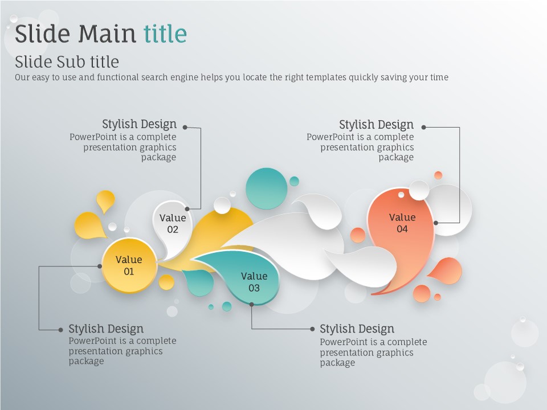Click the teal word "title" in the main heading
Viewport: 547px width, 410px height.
click(x=165, y=34)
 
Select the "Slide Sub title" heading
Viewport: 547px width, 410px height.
click(x=67, y=61)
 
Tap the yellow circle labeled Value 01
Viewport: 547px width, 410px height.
click(x=129, y=265)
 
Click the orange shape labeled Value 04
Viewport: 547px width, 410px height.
click(x=401, y=237)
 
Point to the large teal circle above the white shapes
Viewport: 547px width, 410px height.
click(x=267, y=188)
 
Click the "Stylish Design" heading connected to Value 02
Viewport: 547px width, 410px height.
click(x=139, y=124)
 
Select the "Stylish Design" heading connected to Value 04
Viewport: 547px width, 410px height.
click(x=377, y=125)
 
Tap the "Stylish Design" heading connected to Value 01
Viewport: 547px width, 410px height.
click(x=106, y=329)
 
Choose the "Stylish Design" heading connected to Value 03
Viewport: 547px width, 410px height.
click(x=357, y=329)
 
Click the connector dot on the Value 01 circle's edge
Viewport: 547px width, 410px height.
click(x=100, y=266)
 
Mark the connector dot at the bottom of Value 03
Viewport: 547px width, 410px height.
click(x=251, y=304)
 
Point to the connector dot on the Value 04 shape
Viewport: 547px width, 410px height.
click(x=436, y=223)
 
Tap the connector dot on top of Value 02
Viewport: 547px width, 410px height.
click(x=187, y=209)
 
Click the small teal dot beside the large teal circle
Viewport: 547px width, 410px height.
click(x=294, y=181)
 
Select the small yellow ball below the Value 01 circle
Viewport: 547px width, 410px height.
click(x=166, y=282)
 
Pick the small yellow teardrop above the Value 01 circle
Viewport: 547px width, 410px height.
click(x=105, y=200)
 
